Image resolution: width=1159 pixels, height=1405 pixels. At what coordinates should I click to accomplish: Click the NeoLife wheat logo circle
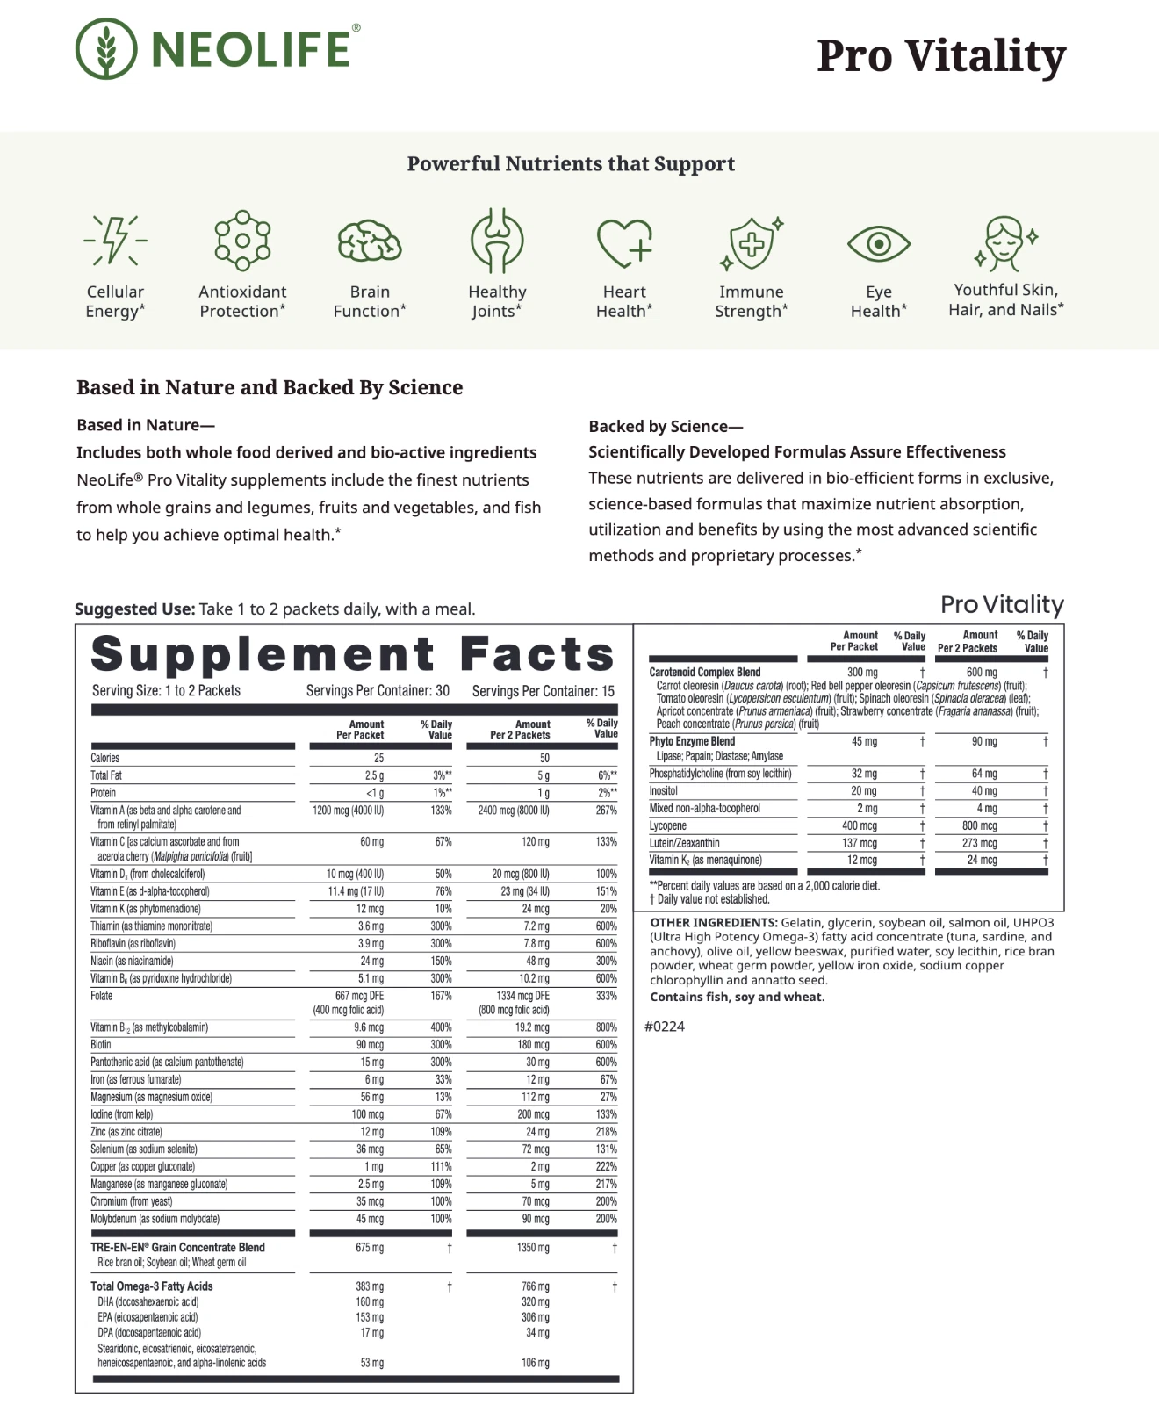coord(106,49)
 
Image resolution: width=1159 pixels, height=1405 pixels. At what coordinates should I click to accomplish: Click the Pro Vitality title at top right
coord(940,56)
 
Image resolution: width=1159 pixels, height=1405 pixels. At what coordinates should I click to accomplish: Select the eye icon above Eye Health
coord(878,243)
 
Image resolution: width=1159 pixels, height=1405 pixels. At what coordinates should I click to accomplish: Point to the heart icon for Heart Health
coord(624,242)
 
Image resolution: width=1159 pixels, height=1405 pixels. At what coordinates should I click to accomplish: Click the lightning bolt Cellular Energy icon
coord(115,240)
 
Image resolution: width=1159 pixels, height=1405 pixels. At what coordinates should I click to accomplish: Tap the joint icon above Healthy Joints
coord(497,241)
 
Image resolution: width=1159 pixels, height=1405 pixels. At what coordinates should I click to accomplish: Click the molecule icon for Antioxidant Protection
coord(242,240)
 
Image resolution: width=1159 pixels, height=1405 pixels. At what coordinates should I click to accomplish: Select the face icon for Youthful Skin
coord(1005,242)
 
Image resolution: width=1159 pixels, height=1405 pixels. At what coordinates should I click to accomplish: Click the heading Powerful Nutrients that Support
coord(571,164)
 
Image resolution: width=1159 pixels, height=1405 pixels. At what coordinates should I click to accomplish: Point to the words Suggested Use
coord(134,609)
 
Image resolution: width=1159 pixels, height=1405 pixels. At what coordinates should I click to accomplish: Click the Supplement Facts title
coord(353,655)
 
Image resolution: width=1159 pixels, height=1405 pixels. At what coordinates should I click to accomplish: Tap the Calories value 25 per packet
coord(378,758)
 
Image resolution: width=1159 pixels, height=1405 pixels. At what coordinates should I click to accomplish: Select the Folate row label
coord(102,996)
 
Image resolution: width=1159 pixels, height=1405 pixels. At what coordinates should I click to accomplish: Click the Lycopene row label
coord(668,826)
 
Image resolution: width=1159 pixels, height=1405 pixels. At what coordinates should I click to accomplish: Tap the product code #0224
coord(665,1027)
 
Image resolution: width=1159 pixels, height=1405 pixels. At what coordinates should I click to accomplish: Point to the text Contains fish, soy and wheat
coord(738,997)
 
